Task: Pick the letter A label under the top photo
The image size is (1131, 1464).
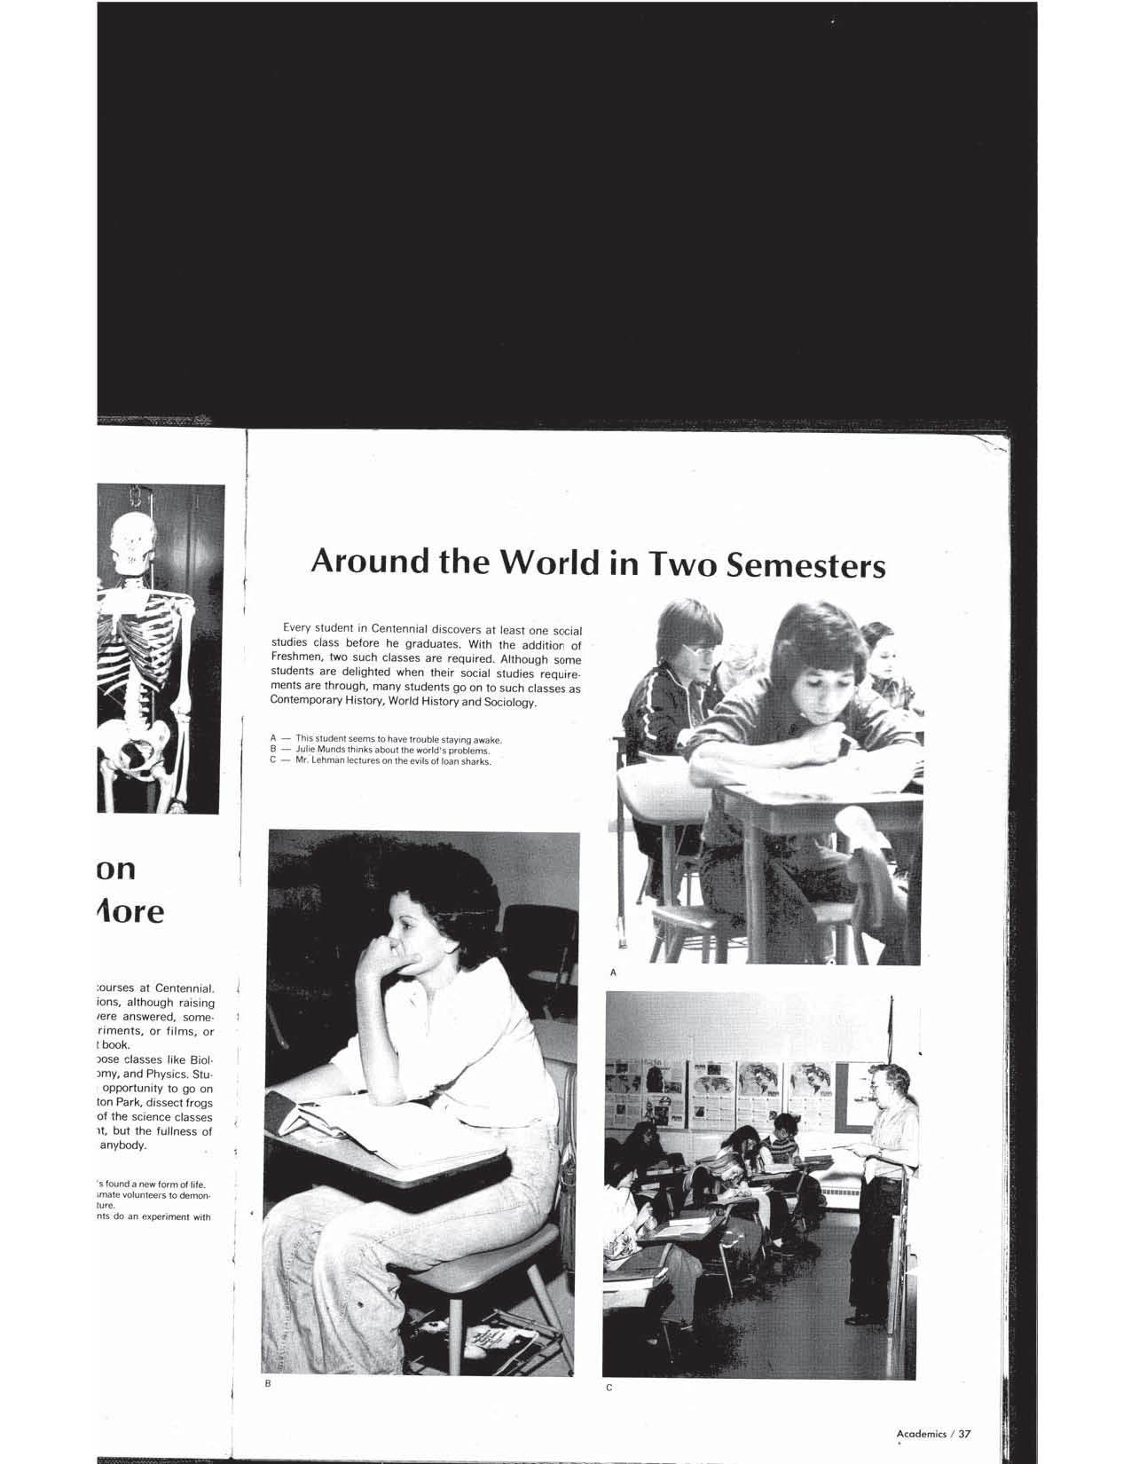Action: click(x=612, y=973)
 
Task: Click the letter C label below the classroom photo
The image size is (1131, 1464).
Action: click(x=609, y=1389)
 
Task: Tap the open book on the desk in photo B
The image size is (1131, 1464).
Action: click(x=373, y=1118)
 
